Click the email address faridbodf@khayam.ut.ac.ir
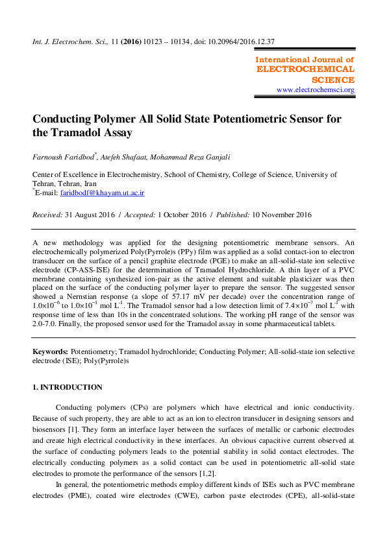[x=102, y=193]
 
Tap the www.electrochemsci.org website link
[x=315, y=90]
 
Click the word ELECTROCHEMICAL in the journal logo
[x=306, y=69]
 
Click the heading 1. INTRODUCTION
[x=67, y=388]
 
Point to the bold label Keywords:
[x=50, y=351]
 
